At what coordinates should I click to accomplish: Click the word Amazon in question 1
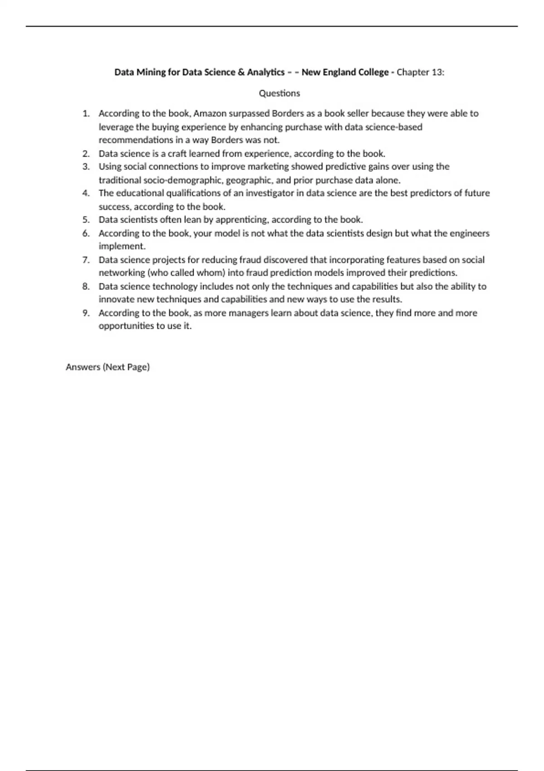click(x=210, y=113)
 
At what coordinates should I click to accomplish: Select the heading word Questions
click(x=279, y=93)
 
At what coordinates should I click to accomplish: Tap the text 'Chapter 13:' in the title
click(x=420, y=72)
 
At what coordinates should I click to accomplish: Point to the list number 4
click(x=86, y=193)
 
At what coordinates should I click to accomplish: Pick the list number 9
click(x=86, y=313)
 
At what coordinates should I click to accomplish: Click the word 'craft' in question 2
click(x=178, y=153)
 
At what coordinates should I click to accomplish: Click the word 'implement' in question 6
click(x=121, y=246)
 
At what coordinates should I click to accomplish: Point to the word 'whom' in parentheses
click(x=210, y=273)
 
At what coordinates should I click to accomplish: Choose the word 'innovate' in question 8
click(x=116, y=299)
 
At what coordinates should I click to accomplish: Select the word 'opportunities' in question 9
click(x=126, y=326)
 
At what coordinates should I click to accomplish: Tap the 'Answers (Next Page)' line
click(x=107, y=367)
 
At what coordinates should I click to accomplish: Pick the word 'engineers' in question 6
click(x=470, y=233)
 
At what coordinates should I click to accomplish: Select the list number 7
click(x=86, y=260)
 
